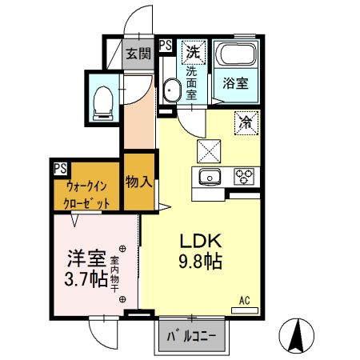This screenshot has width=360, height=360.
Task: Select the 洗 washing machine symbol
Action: coord(192,53)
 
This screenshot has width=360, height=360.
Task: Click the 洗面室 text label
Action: coord(192,82)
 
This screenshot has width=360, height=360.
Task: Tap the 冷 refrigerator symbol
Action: coord(246,122)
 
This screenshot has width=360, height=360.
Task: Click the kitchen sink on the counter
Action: coord(211,177)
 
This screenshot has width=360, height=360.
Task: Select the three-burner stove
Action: coord(243,176)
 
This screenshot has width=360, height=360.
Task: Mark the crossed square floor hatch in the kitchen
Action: coord(209,149)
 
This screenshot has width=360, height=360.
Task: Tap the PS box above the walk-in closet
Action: coord(60,168)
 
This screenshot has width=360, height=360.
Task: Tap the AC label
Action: coord(245,301)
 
